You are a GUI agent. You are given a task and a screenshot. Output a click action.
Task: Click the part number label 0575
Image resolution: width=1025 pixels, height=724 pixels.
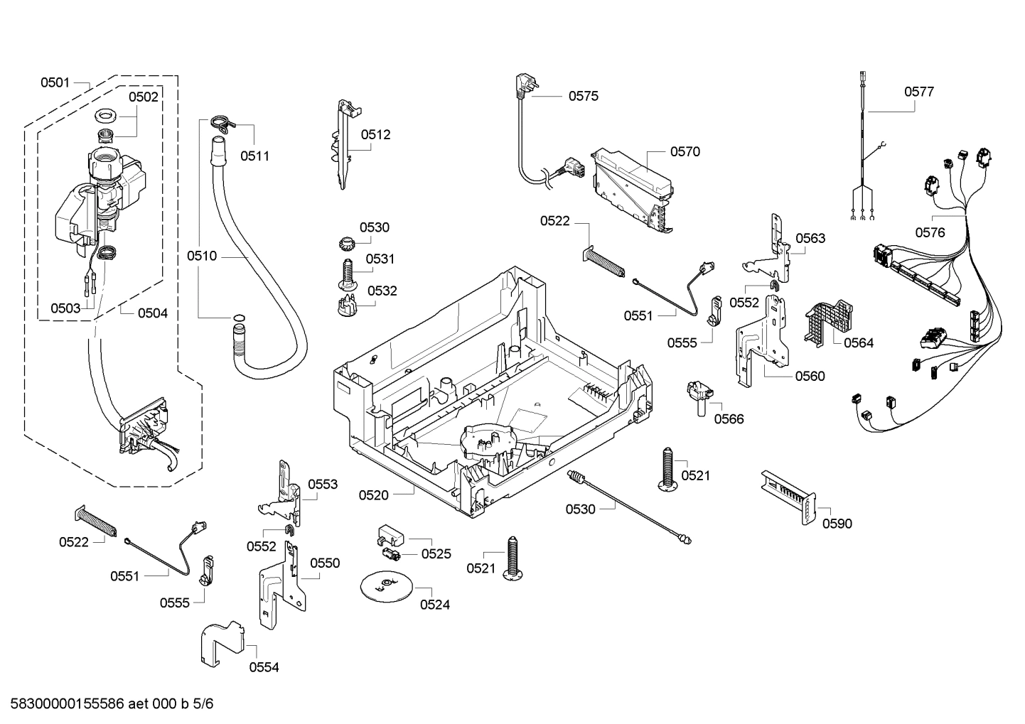(583, 96)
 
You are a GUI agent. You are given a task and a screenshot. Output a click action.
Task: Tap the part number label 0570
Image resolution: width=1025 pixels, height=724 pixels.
(685, 151)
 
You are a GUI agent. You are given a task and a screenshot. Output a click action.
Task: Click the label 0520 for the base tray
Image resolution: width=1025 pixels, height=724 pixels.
(373, 495)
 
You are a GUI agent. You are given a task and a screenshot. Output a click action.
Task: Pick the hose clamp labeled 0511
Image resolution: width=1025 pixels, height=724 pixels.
(222, 123)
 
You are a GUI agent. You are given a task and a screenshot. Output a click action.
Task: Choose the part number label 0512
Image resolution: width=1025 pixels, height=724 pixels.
(375, 134)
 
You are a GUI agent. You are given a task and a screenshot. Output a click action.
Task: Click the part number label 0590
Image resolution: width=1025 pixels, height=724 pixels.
(837, 524)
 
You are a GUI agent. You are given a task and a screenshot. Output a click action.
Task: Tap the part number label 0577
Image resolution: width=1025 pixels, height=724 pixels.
(918, 92)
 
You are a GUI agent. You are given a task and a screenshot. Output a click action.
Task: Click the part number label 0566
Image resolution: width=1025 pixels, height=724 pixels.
(729, 418)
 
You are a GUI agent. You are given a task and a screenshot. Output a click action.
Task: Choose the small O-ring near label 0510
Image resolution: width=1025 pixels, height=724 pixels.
(240, 318)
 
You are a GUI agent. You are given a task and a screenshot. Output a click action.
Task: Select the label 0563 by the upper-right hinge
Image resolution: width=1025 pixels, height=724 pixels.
(810, 238)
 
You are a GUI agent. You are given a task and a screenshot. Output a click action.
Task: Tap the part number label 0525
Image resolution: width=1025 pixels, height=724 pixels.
(436, 553)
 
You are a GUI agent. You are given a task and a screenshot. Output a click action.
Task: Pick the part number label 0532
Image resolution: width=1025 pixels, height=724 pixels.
(382, 291)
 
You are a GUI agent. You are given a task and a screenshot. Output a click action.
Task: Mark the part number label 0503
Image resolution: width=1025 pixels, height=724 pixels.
(65, 308)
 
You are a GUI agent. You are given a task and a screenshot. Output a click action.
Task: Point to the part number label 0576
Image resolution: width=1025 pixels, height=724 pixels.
(930, 232)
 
